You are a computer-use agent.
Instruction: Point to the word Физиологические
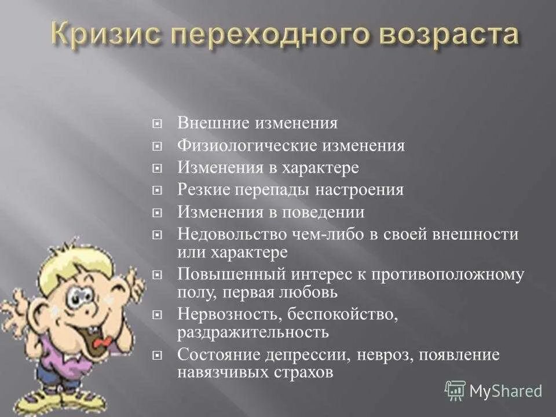click(x=243, y=145)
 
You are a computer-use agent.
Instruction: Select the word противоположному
click(x=452, y=274)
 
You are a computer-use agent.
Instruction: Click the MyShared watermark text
click(x=505, y=390)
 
